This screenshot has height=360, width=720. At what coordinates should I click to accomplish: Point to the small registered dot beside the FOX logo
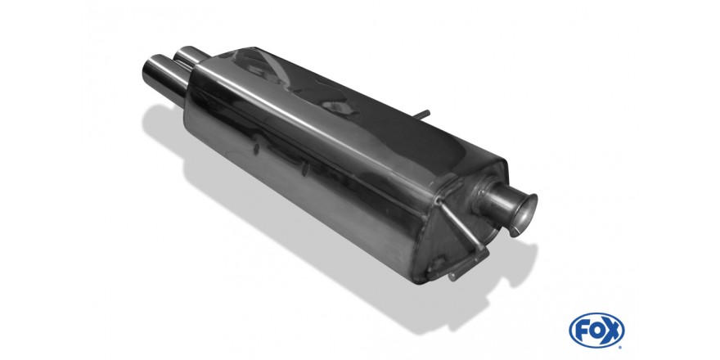621,346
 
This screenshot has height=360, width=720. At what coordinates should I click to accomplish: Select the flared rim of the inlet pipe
527,215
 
